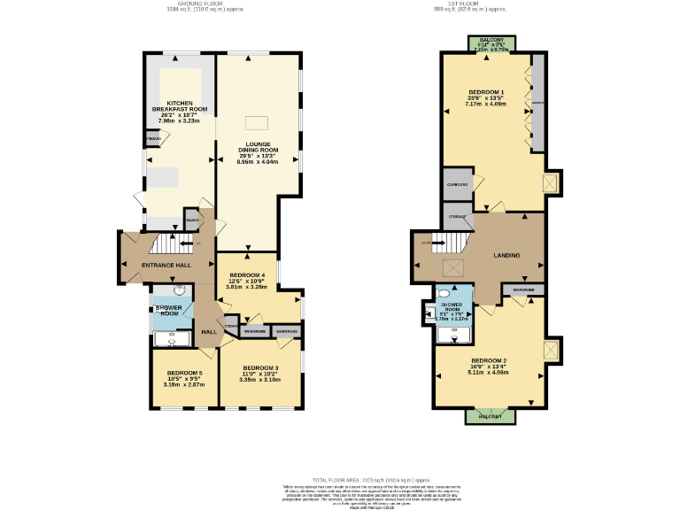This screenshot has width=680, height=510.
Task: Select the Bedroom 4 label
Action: (247, 281)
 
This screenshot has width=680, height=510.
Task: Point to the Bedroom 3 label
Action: (260, 373)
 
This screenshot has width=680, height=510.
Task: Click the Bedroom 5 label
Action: (184, 379)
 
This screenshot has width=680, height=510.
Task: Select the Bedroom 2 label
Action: (488, 366)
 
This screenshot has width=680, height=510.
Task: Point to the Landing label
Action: (506, 256)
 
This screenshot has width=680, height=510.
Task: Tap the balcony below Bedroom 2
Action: (491, 415)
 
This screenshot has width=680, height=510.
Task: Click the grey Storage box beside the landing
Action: (457, 217)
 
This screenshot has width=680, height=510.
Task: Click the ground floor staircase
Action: (168, 243)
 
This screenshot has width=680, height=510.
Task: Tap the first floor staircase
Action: (452, 242)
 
